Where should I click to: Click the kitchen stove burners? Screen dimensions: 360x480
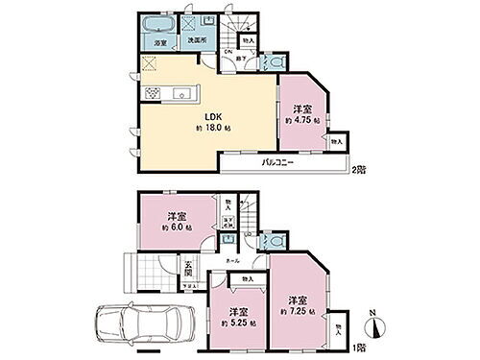click(153, 93)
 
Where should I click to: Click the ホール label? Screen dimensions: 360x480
click(233, 260)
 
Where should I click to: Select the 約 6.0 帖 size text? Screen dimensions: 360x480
click(176, 227)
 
